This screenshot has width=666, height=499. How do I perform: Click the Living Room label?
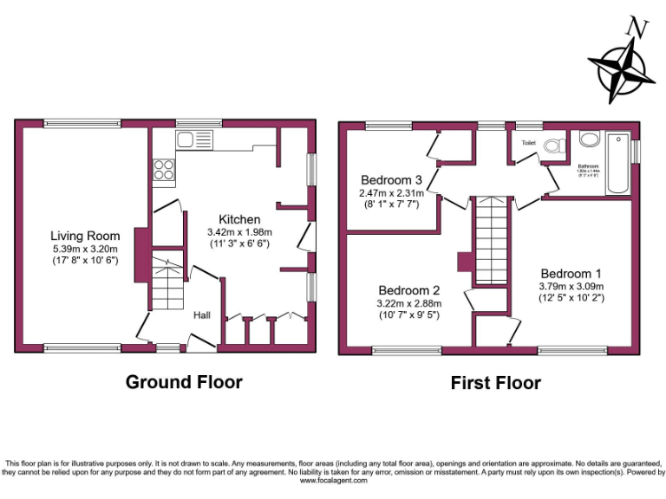(85, 236)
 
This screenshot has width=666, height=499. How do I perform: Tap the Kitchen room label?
(239, 219)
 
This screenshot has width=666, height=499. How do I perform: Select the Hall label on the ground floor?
(201, 315)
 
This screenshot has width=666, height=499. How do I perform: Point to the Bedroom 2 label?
(409, 290)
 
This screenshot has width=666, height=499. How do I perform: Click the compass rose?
(622, 71)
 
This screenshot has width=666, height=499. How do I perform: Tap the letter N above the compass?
(639, 28)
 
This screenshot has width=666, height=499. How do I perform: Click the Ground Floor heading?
(184, 382)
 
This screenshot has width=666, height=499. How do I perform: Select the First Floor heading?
(495, 383)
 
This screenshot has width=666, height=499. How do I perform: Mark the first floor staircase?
(490, 240)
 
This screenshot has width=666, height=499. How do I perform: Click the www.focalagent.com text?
(333, 481)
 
